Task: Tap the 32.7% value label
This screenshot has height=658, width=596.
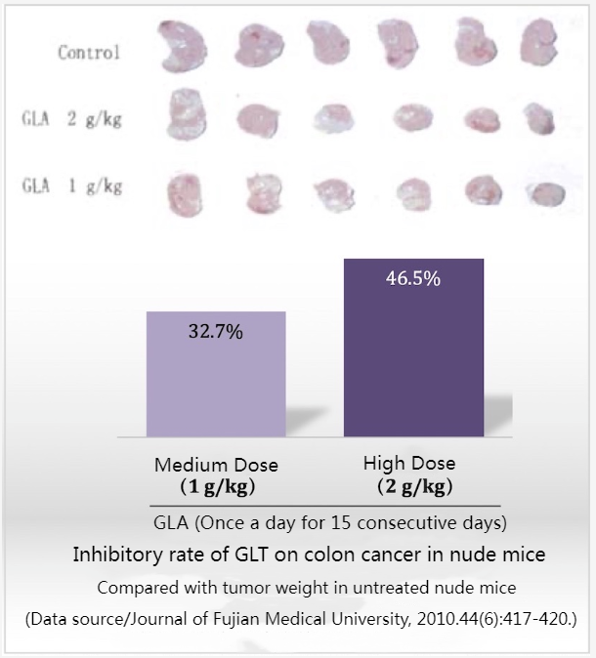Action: (215, 331)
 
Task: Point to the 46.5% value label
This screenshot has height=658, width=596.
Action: (413, 278)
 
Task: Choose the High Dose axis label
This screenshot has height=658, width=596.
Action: (408, 464)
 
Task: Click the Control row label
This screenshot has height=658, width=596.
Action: (89, 52)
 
